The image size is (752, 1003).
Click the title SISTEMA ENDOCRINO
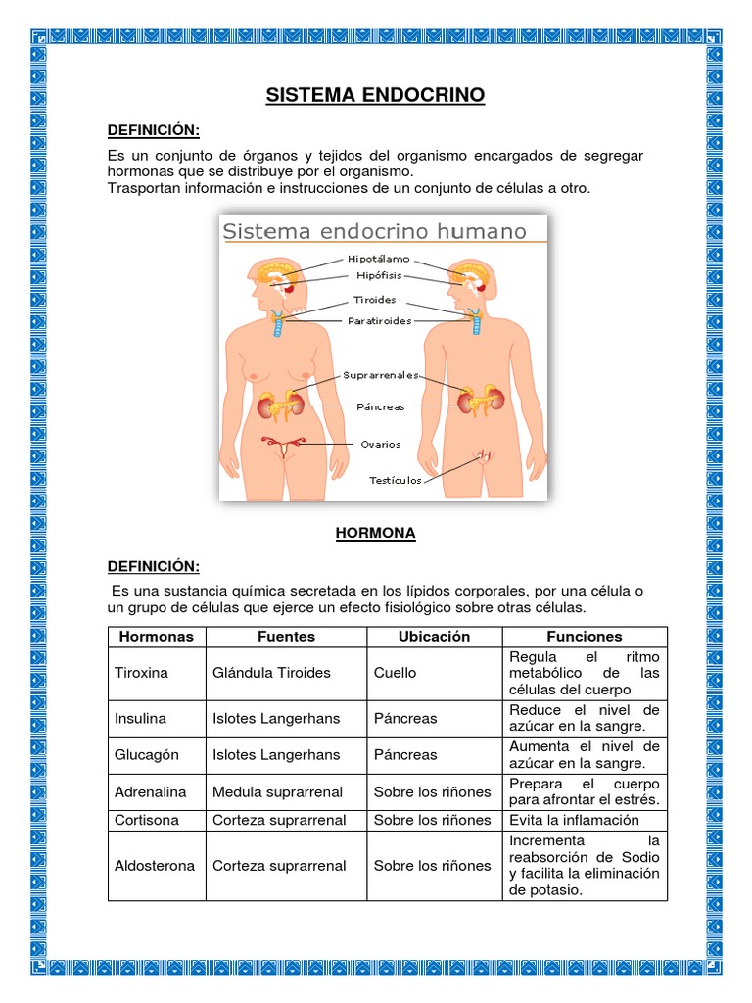376,95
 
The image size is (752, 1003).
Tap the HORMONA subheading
376,533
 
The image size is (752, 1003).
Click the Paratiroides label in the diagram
380,320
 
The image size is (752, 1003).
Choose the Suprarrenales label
381,375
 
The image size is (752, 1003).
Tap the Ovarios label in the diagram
381,444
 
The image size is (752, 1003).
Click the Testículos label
396,480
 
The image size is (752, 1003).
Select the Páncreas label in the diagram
382,406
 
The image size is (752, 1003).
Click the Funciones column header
585,637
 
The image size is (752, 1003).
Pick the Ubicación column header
434,637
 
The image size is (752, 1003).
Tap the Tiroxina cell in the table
142,673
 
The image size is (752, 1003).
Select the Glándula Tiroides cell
271,673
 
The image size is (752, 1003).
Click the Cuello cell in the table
395,673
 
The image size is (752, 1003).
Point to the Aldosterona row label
155,866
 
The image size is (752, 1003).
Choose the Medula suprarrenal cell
279,792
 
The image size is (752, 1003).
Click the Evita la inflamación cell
574,820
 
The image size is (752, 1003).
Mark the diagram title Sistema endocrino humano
375,232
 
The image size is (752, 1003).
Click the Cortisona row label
147,820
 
